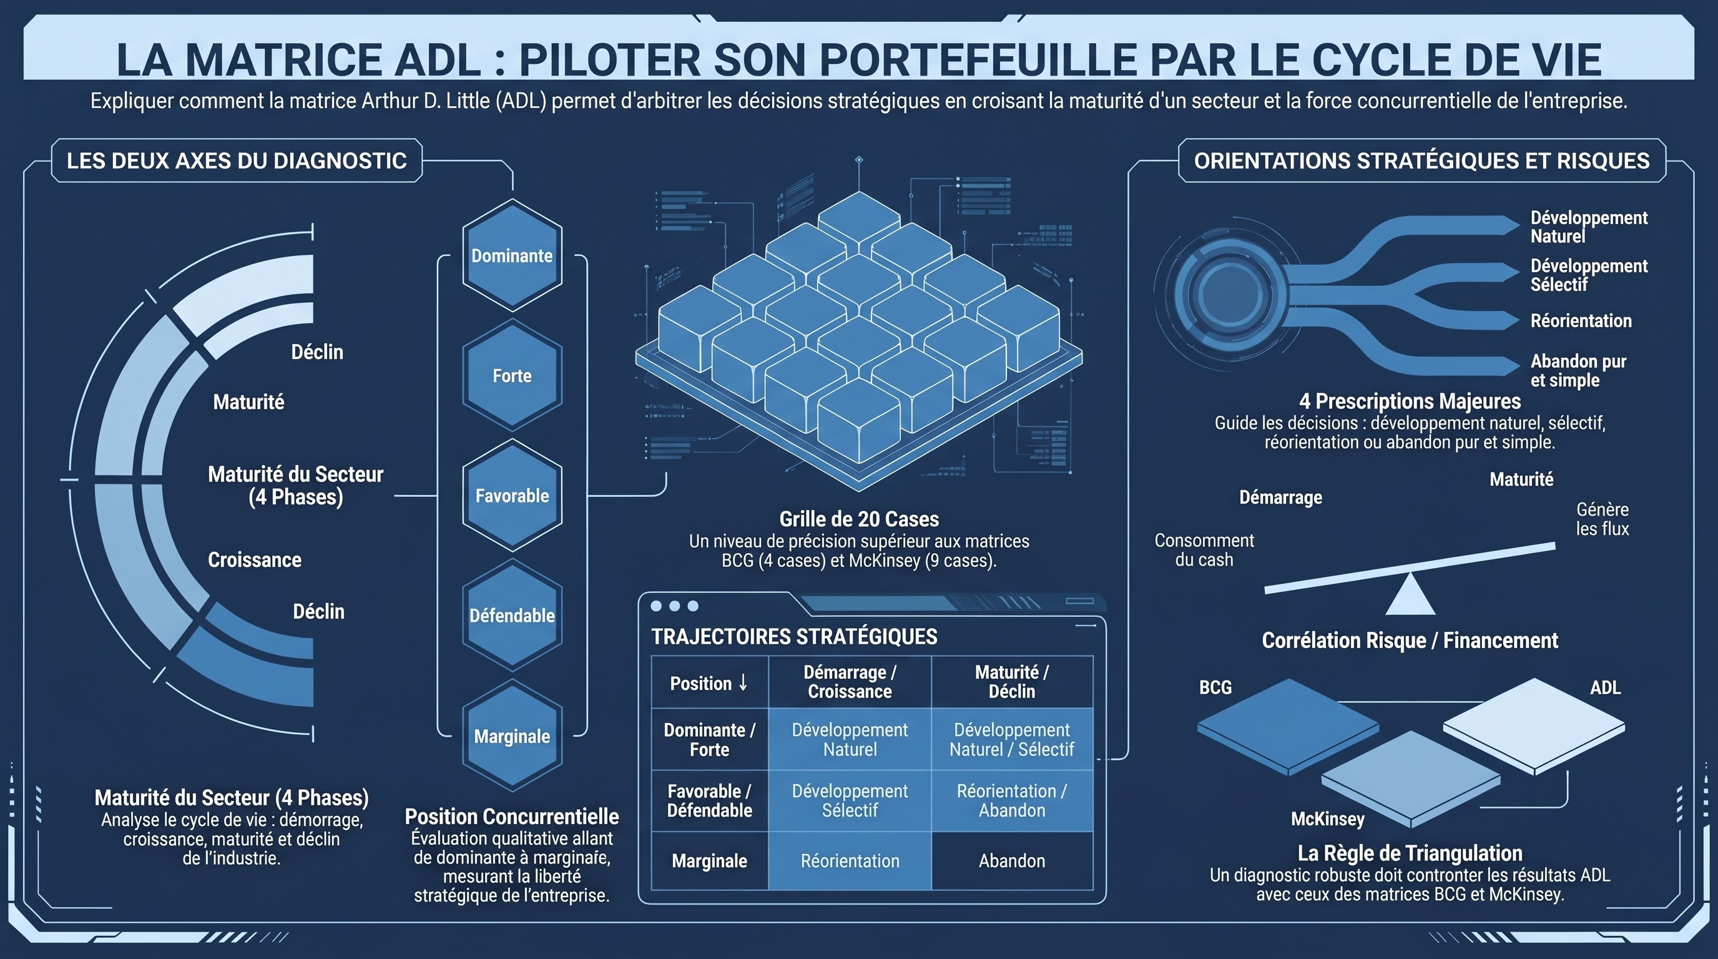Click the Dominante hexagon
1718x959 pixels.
(x=512, y=255)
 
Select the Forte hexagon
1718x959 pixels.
(x=512, y=375)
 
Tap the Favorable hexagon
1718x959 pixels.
(x=512, y=496)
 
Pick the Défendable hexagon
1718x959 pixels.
(x=512, y=616)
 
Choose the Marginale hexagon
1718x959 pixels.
(x=512, y=735)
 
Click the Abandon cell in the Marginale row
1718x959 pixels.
(x=1012, y=861)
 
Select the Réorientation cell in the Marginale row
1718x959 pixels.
(x=850, y=861)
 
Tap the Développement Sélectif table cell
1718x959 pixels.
(x=850, y=801)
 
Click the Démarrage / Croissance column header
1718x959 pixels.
(x=850, y=682)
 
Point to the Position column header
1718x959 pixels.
(x=710, y=683)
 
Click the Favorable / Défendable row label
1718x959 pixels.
(x=710, y=801)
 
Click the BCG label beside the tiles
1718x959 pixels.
(x=1215, y=687)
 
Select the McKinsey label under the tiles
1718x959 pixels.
(x=1327, y=819)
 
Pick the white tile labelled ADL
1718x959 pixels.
(x=1534, y=726)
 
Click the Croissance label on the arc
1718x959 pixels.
(x=255, y=559)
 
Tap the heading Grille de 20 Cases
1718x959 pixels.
(x=859, y=519)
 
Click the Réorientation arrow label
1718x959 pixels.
(x=1581, y=321)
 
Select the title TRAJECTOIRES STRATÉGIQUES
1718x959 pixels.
(x=794, y=637)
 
